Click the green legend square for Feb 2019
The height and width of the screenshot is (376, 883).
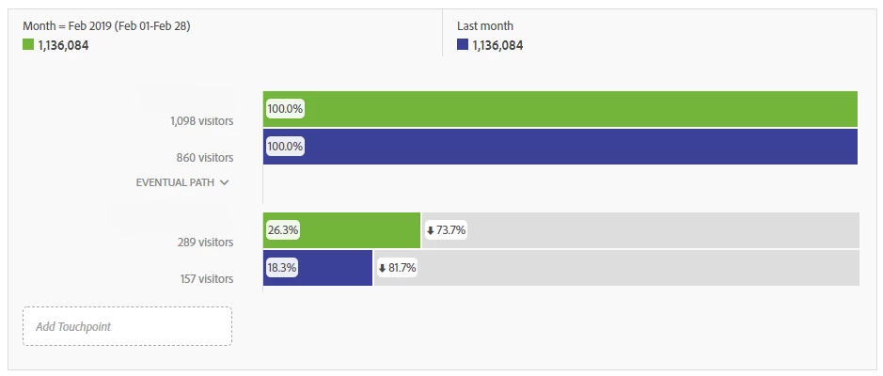pyautogui.click(x=28, y=45)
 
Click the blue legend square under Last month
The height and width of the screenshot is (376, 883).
pyautogui.click(x=462, y=45)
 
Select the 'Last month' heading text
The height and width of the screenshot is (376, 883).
pyautogui.click(x=484, y=26)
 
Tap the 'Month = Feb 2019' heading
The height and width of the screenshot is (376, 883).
pyautogui.click(x=106, y=26)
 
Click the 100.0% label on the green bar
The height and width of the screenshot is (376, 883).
pyautogui.click(x=285, y=109)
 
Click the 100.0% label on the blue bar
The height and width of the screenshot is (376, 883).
pyautogui.click(x=285, y=147)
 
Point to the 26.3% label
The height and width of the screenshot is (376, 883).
pyautogui.click(x=282, y=230)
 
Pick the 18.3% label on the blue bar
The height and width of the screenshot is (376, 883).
pyautogui.click(x=282, y=268)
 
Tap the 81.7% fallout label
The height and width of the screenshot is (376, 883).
pyautogui.click(x=402, y=268)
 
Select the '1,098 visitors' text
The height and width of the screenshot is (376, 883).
pyautogui.click(x=201, y=120)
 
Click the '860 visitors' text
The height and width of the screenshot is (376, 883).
pyautogui.click(x=205, y=158)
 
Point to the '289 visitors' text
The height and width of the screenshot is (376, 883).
pyautogui.click(x=205, y=242)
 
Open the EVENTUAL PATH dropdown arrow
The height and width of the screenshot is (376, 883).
pyautogui.click(x=224, y=183)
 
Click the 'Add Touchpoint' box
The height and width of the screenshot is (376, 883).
pyautogui.click(x=127, y=326)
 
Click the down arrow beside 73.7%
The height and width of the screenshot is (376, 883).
pyautogui.click(x=431, y=230)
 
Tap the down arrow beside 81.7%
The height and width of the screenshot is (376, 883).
pyautogui.click(x=383, y=268)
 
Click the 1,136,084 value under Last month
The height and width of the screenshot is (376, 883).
pyautogui.click(x=497, y=45)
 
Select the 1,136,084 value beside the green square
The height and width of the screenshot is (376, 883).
pyautogui.click(x=63, y=45)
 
